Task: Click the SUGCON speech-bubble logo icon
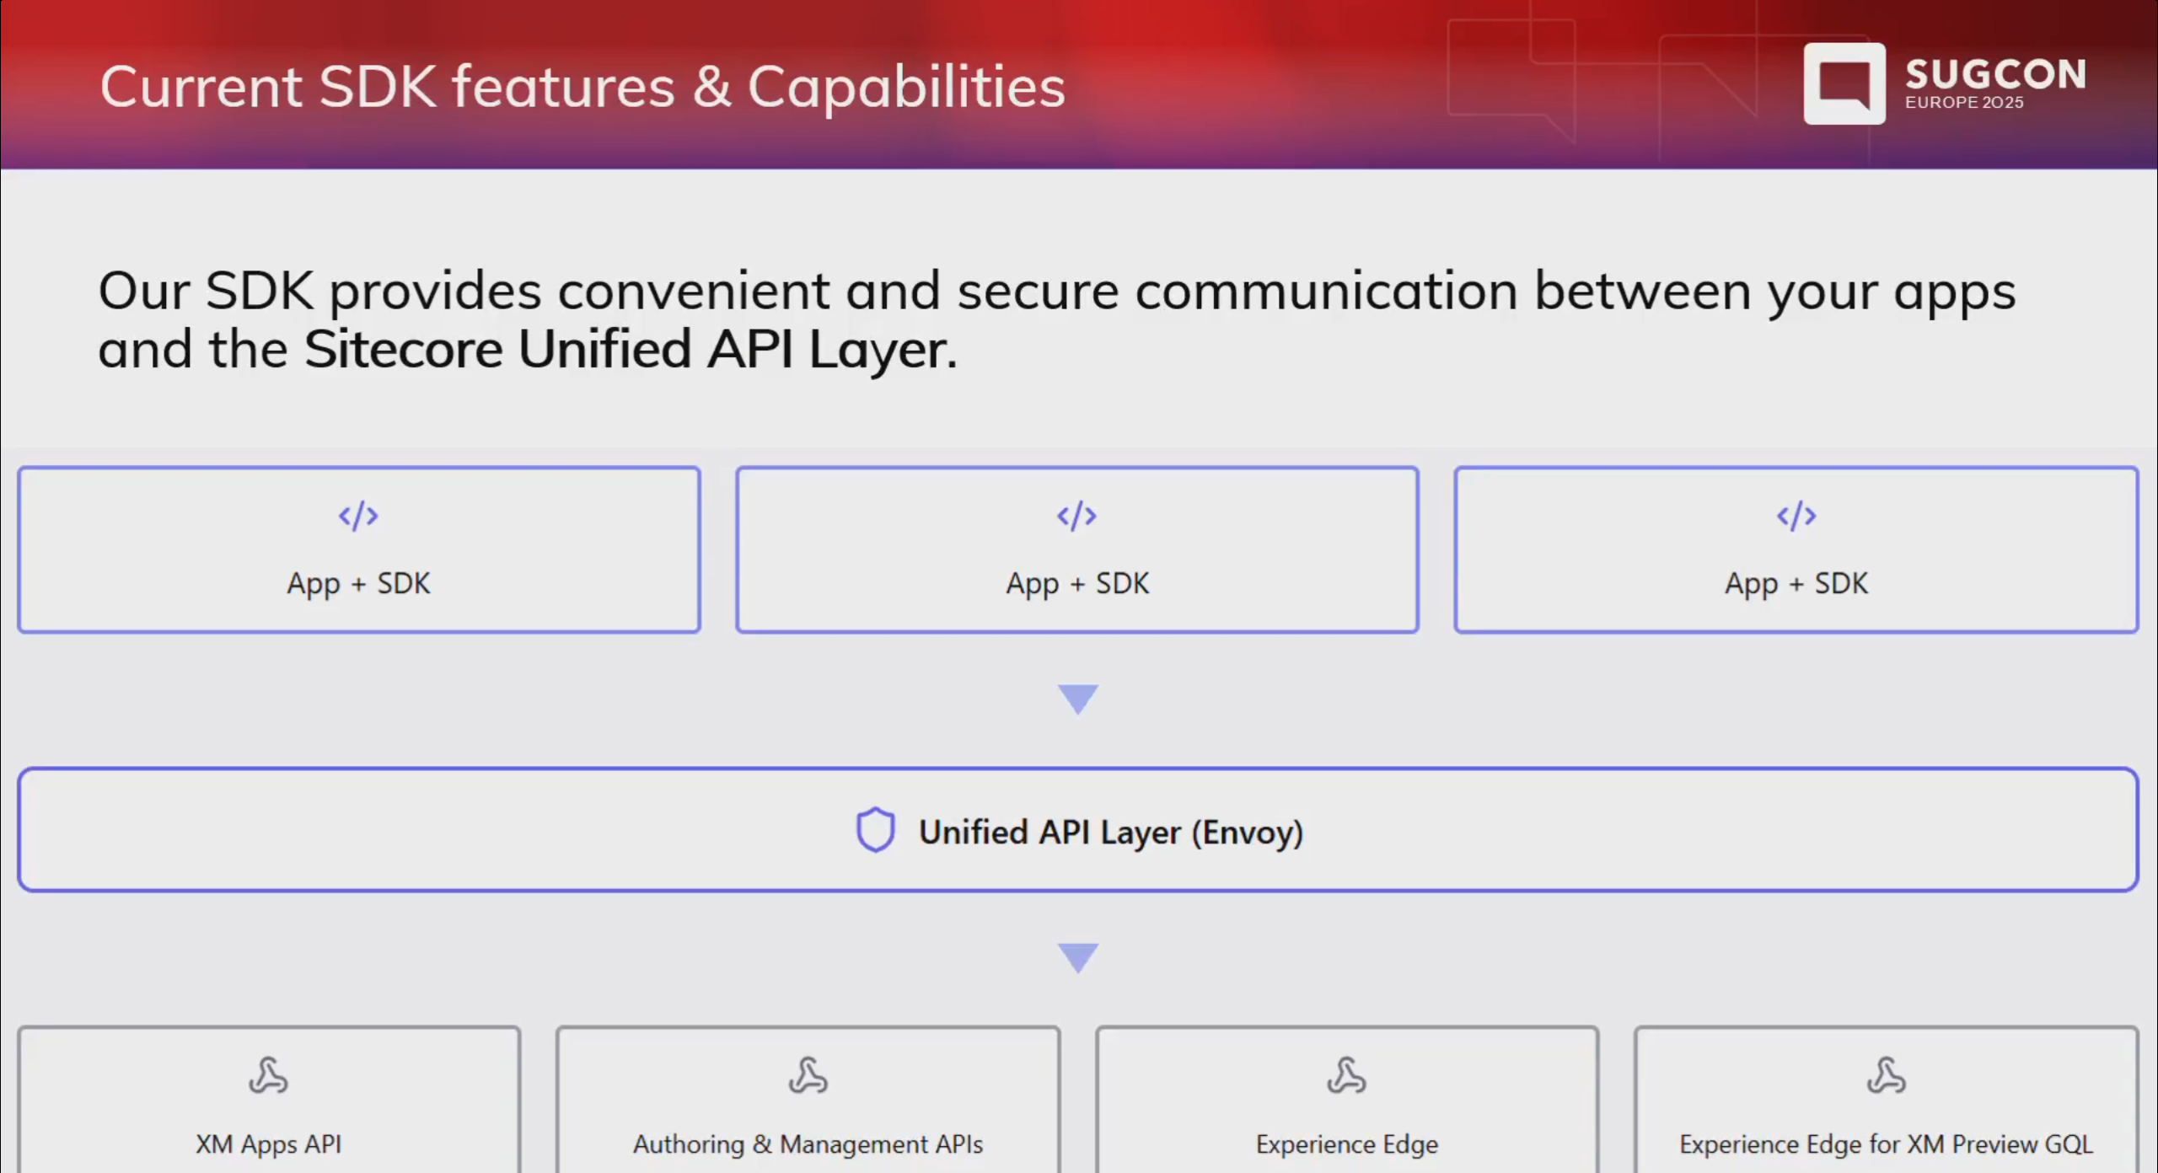(x=1844, y=83)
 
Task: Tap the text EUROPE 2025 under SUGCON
(x=1963, y=103)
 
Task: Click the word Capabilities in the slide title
(x=906, y=87)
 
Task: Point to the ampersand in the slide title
(x=711, y=87)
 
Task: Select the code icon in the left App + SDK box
(x=358, y=516)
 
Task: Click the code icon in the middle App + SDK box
(x=1076, y=516)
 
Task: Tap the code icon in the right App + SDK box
(x=1796, y=516)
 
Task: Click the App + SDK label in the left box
(x=358, y=583)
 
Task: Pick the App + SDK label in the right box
(x=1796, y=583)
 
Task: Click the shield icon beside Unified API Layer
(x=875, y=830)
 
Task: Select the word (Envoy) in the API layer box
(x=1247, y=833)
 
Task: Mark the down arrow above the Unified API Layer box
(x=1077, y=699)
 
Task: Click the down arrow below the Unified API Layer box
(x=1077, y=957)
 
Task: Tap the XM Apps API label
(x=268, y=1144)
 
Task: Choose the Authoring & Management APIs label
(x=808, y=1144)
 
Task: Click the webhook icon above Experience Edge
(x=1346, y=1075)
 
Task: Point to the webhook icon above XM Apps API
(x=268, y=1075)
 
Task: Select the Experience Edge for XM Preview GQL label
(x=1886, y=1144)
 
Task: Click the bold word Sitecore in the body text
(x=403, y=350)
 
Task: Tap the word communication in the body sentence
(x=1326, y=292)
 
